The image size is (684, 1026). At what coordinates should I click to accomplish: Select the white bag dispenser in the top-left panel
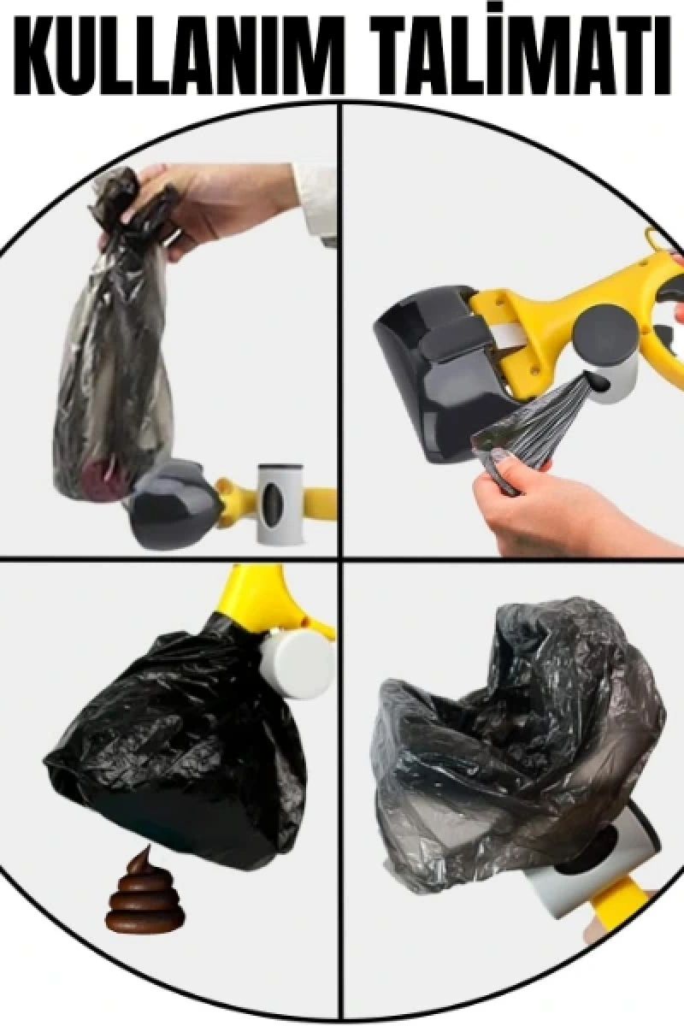pos(280,504)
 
